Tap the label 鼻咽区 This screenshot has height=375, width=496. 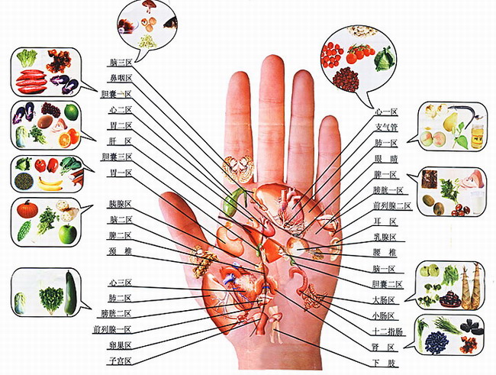point(120,77)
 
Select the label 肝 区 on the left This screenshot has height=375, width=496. point(120,141)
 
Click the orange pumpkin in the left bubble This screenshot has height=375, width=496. point(28,209)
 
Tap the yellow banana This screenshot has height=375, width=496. point(50,183)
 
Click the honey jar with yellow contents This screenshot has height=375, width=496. point(477,134)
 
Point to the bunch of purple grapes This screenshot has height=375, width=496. point(50,110)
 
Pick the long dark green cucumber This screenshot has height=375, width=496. point(70,292)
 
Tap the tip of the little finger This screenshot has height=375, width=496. point(330,124)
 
